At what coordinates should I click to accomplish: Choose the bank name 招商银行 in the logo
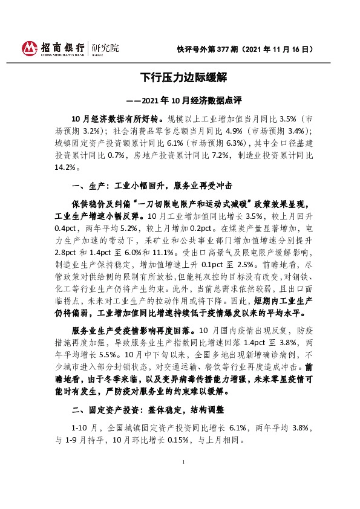click(x=62, y=45)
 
